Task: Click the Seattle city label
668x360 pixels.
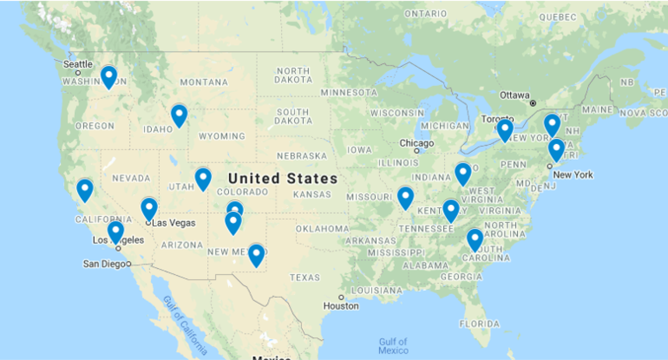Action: click(x=78, y=64)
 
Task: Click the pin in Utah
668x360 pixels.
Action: click(x=203, y=179)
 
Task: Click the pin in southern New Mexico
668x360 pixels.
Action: click(x=256, y=255)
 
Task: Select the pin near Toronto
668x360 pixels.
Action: click(x=505, y=130)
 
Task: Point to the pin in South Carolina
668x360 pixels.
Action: click(x=475, y=240)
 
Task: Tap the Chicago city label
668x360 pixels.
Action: click(x=417, y=144)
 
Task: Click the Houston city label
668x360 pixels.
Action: click(x=341, y=306)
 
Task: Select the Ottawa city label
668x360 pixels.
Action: click(x=515, y=95)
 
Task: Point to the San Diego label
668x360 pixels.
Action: click(x=104, y=264)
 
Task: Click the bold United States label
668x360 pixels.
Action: click(x=283, y=179)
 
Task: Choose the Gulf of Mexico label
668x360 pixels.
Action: click(x=393, y=346)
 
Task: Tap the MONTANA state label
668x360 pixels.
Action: click(x=204, y=83)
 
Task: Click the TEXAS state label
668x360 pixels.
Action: click(x=305, y=277)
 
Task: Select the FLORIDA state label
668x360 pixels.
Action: click(x=479, y=324)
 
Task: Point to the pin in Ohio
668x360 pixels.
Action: click(x=463, y=174)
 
